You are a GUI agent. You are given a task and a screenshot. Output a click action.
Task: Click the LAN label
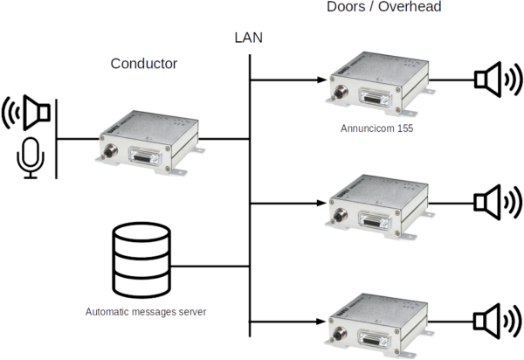(x=249, y=38)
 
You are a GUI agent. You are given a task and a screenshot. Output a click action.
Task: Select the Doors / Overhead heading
(x=383, y=7)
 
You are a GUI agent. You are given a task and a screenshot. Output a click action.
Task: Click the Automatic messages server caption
(x=147, y=310)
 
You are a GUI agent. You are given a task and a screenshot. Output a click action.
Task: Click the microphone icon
(x=31, y=157)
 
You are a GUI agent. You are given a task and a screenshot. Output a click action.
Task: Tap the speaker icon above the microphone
(x=28, y=112)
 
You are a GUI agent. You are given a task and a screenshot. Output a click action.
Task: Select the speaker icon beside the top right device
(x=494, y=80)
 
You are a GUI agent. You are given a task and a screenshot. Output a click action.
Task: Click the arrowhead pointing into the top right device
(x=318, y=85)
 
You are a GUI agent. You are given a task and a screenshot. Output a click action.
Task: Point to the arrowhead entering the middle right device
(x=318, y=207)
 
